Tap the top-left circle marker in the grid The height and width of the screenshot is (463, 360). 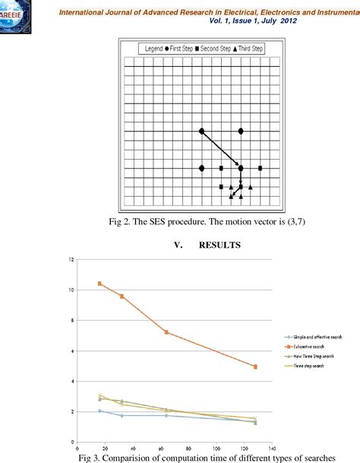(201, 132)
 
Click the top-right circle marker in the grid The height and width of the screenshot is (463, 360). (241, 132)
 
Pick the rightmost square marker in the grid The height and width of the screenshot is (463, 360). (261, 168)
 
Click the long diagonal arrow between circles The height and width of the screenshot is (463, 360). (220, 149)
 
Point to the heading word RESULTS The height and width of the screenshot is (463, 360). (220, 246)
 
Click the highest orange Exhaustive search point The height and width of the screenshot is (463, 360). (99, 284)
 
